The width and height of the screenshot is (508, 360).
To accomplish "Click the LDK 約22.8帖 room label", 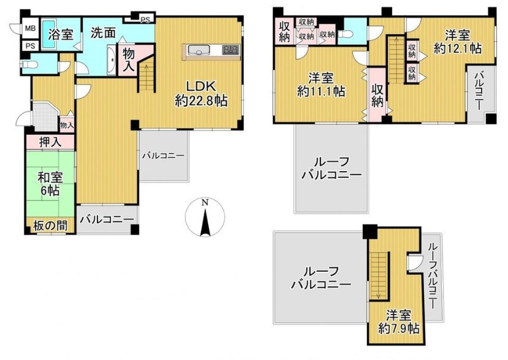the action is [201, 94].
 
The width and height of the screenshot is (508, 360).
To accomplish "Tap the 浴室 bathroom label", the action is [60, 34].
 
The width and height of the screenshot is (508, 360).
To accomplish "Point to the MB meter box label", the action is [31, 29].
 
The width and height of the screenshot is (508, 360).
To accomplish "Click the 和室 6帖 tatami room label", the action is [50, 183].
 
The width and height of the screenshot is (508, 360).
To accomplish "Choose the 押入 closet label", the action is [50, 143].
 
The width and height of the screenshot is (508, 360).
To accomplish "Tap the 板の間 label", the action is [50, 226].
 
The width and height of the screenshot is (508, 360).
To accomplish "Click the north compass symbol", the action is [205, 217].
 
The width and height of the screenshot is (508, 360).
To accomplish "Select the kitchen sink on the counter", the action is [198, 50].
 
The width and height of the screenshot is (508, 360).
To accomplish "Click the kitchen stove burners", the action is [230, 50].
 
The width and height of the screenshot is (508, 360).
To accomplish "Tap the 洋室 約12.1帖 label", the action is [457, 42].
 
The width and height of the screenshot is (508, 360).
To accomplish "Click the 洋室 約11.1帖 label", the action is [320, 85].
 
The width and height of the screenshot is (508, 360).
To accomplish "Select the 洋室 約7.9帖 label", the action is [399, 322].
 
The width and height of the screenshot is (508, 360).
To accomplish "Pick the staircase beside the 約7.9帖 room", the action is [379, 276].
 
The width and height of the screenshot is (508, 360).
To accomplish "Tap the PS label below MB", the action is [31, 46].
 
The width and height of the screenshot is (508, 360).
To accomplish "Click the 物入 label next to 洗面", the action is [129, 60].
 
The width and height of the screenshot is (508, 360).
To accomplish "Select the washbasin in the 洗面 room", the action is [111, 61].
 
